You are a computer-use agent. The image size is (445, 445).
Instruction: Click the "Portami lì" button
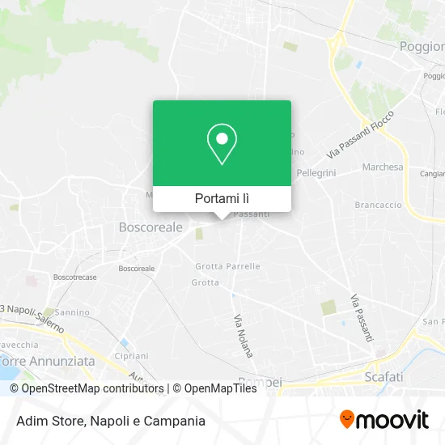(x=222, y=198)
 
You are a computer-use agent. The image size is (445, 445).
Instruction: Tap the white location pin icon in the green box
(x=222, y=145)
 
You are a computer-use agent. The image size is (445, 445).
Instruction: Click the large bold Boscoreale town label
(x=150, y=228)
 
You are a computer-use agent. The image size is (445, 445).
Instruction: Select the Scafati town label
(x=384, y=377)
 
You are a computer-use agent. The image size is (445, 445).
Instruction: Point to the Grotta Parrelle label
(x=227, y=265)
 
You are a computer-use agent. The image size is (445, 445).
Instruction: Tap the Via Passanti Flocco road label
(x=365, y=134)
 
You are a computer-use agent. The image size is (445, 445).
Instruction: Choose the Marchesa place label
(x=383, y=167)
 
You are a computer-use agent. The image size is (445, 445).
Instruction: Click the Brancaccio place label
(x=379, y=206)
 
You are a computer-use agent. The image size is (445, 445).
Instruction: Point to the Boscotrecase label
(x=74, y=277)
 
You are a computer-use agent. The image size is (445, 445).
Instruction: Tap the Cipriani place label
(x=130, y=355)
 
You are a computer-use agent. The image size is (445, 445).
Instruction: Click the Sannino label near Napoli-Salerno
(x=73, y=311)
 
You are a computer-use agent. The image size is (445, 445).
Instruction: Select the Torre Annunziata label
(x=48, y=362)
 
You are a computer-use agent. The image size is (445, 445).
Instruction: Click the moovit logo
(x=384, y=420)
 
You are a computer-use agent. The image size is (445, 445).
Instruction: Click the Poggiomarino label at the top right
(x=422, y=47)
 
